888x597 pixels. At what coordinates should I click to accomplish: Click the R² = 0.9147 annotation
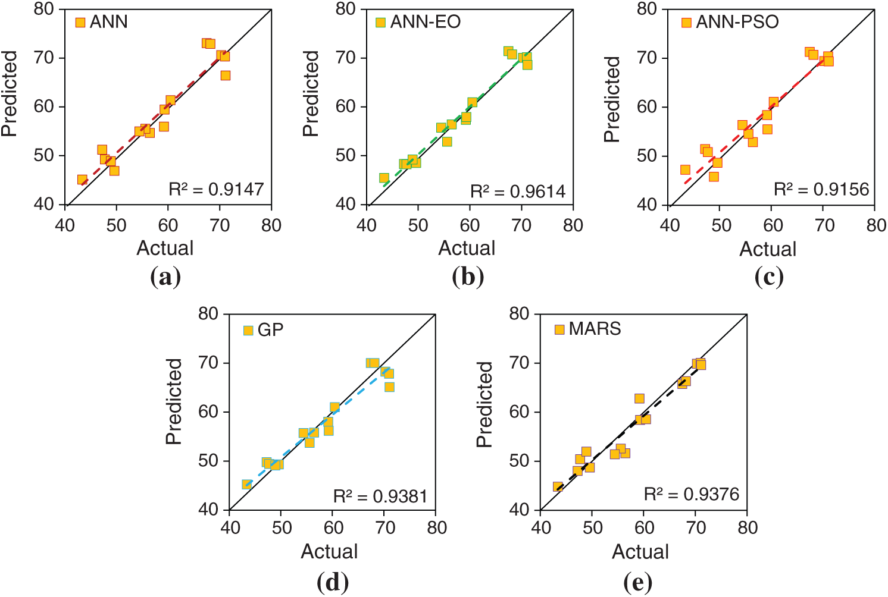(216, 190)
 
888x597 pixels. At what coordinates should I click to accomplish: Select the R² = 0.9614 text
(518, 191)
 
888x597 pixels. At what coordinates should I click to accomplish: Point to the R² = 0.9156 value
(821, 189)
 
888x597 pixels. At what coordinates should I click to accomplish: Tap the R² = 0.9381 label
(380, 496)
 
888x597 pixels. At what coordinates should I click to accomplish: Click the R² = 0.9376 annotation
(692, 494)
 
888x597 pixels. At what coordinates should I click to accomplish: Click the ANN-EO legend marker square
(381, 23)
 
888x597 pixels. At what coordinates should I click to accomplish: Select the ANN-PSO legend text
(737, 22)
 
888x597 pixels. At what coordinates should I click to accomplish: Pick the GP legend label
(271, 330)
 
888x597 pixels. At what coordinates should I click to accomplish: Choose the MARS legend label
(595, 329)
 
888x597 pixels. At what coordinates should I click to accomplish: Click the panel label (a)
(165, 277)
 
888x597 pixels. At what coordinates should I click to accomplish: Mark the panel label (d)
(333, 582)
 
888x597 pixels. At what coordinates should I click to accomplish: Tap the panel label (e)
(637, 582)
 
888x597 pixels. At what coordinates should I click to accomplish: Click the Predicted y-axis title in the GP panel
(174, 401)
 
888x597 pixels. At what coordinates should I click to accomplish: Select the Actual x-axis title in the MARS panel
(640, 552)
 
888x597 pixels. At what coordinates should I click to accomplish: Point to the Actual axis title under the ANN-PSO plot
(768, 249)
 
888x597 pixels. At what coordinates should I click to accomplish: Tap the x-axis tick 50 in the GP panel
(282, 527)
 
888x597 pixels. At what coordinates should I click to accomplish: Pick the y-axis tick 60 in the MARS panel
(519, 412)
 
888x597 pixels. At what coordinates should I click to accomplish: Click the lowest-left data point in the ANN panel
(82, 180)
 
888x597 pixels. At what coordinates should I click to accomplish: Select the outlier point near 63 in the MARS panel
(639, 398)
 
